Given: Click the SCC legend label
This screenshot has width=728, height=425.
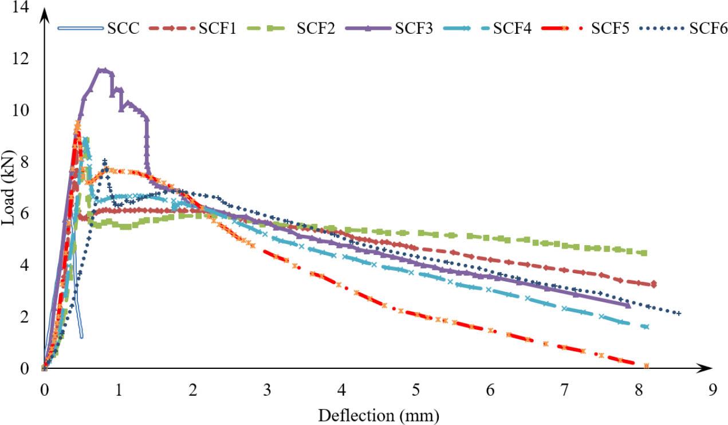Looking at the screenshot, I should (x=123, y=28).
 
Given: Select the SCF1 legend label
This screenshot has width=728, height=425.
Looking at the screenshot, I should (x=217, y=28).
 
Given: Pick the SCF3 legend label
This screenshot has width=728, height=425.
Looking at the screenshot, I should (x=414, y=28).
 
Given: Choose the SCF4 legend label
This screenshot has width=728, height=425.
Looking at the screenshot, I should (x=512, y=28).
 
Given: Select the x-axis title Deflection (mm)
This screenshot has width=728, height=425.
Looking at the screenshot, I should (x=379, y=414).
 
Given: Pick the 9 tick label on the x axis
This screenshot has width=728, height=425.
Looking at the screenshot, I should (x=713, y=389).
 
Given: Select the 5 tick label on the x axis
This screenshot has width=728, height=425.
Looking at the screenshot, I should (x=415, y=389).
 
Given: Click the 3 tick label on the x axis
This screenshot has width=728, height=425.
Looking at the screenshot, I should (x=267, y=389).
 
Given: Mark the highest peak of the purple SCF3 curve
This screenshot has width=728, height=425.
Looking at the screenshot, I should (x=102, y=69).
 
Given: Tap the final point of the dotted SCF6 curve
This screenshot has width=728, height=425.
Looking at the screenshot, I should (x=679, y=313).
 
